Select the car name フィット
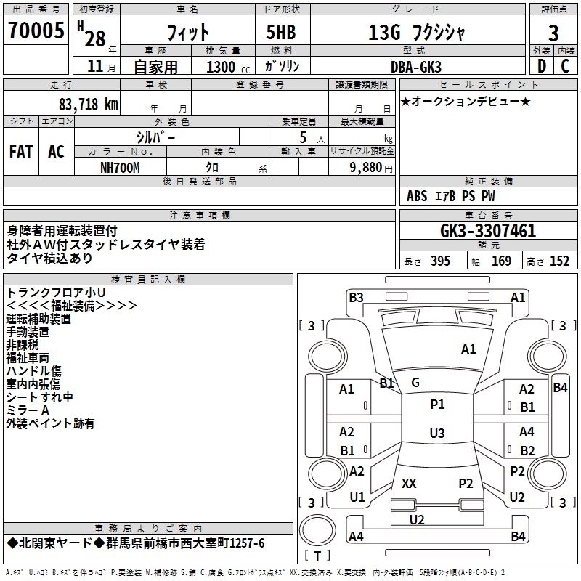point(188,33)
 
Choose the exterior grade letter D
point(541,66)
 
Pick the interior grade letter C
point(565,66)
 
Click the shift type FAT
point(21,152)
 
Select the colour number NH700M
point(120,168)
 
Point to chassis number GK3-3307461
point(478,232)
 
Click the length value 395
point(440,261)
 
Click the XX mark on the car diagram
point(409,483)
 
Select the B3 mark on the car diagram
point(356,297)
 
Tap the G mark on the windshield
point(415,383)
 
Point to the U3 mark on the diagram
point(436,434)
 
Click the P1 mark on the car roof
point(436,404)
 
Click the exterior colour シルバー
point(155,137)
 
